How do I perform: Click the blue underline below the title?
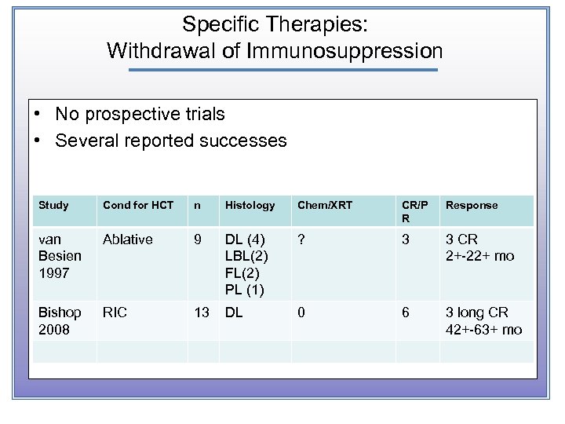(282, 70)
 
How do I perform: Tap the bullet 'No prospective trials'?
(140, 114)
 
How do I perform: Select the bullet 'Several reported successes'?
(171, 141)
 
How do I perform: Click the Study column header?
(53, 205)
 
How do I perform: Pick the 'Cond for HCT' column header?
(138, 205)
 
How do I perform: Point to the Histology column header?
(250, 205)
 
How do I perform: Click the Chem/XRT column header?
(325, 205)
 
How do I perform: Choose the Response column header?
(472, 205)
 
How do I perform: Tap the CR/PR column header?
(414, 210)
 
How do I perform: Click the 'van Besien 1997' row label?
(55, 256)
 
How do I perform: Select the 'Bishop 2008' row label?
(55, 320)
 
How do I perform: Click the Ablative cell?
(128, 239)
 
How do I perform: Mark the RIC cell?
(115, 313)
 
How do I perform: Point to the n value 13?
(202, 313)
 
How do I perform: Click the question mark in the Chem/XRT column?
(301, 239)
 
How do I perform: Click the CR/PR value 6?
(406, 313)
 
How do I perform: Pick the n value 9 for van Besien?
(198, 239)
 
